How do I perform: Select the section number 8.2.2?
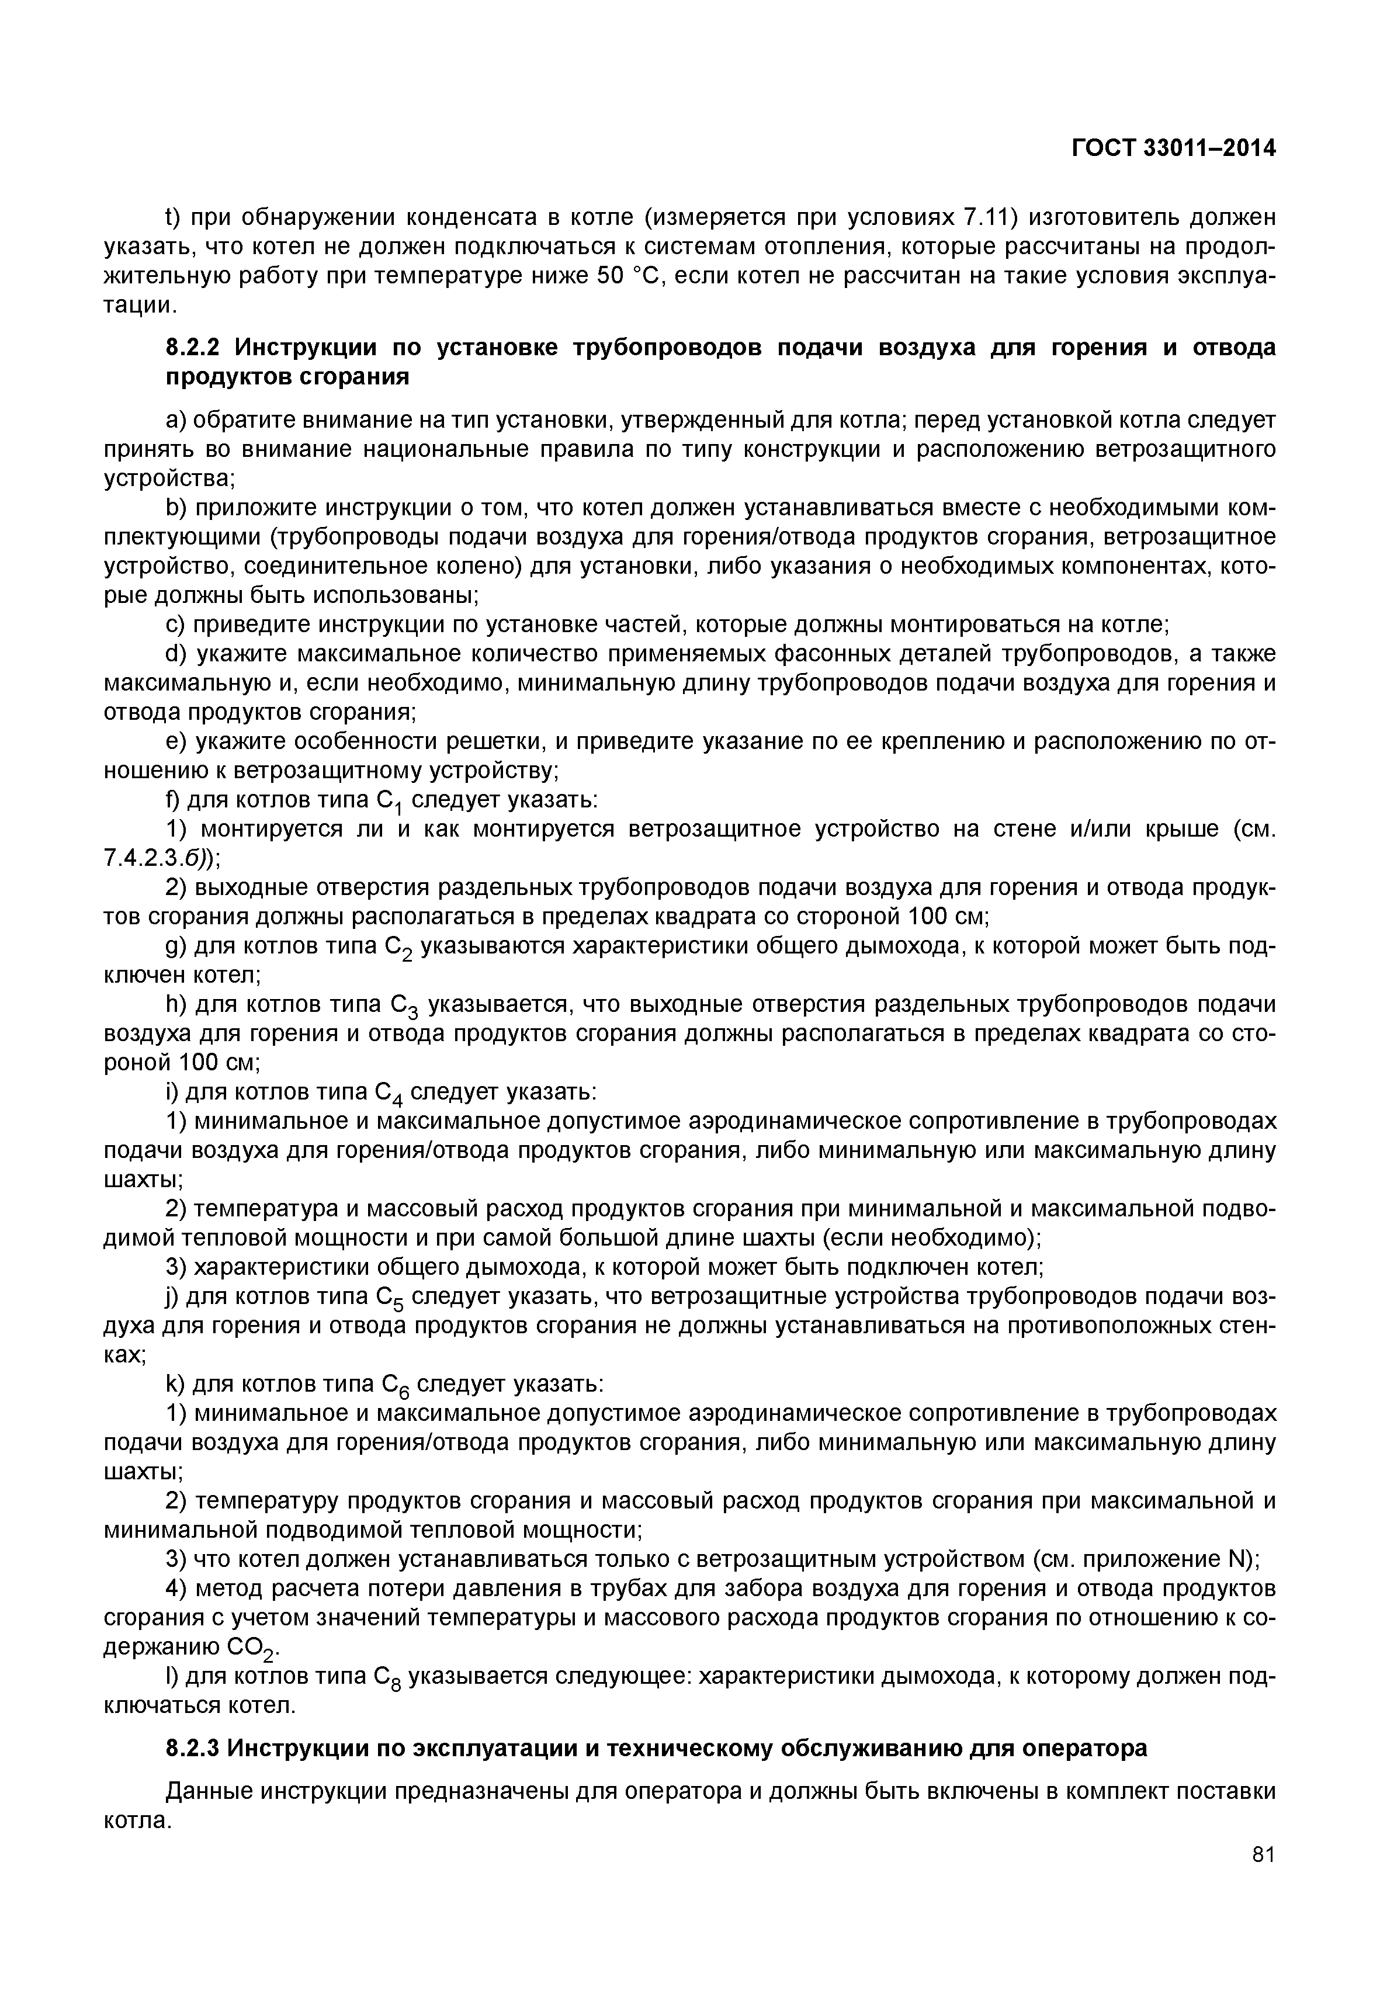pos(195,348)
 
